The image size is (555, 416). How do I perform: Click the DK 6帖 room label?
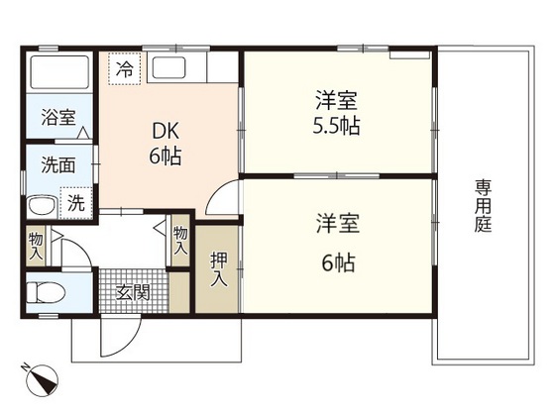pos(166,144)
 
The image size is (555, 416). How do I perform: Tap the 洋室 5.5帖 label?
pos(337,113)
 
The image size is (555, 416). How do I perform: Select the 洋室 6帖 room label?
pos(338,243)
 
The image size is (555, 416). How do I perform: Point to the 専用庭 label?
pos(484,206)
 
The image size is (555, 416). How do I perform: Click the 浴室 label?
pos(58,117)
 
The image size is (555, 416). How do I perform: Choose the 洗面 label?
pos(58,164)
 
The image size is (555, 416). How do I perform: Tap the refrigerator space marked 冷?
pos(125,68)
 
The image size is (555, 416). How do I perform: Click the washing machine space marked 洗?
pos(76,203)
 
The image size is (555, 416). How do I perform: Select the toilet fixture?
pos(47,292)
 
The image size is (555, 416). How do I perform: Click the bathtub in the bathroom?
pos(59,72)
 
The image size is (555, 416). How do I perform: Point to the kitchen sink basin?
pos(168,67)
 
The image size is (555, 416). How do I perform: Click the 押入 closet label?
pos(219,268)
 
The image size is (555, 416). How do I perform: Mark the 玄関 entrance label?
pos(134,292)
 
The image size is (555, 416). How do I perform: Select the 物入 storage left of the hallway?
pos(36,246)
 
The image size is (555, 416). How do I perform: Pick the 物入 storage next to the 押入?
pos(180,241)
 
